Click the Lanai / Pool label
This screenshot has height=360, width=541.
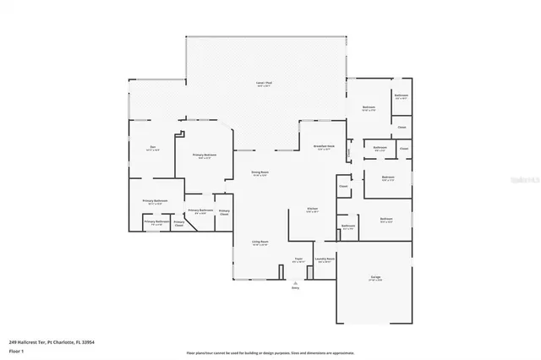(x=265, y=84)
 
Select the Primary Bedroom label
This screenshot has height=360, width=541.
(x=201, y=156)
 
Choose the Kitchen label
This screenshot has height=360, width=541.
(x=312, y=210)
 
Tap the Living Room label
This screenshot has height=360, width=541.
(x=259, y=243)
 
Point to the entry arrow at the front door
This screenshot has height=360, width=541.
(x=296, y=281)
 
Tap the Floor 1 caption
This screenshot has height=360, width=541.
(x=15, y=350)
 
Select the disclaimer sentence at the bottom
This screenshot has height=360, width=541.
(x=270, y=352)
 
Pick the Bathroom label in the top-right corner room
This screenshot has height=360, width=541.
(x=402, y=95)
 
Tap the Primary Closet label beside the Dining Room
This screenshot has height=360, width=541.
(x=225, y=212)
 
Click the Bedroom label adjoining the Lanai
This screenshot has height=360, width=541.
(x=369, y=108)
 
